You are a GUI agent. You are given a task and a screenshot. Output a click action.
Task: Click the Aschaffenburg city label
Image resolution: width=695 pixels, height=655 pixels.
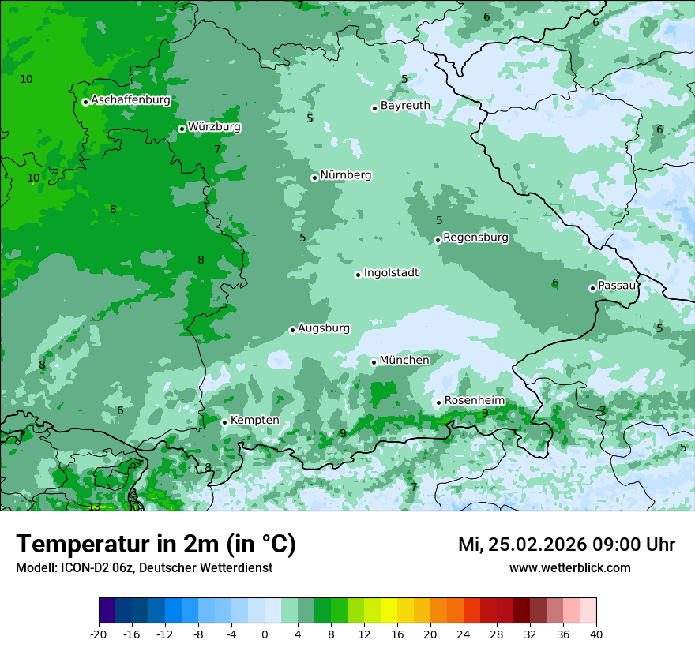click(130, 100)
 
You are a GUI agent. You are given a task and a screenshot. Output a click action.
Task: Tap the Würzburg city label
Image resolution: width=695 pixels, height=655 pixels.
click(214, 127)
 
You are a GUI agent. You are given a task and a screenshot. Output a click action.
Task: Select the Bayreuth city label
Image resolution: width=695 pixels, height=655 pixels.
click(405, 106)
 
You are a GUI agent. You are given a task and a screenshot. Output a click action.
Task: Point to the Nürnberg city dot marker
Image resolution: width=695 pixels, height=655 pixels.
click(314, 178)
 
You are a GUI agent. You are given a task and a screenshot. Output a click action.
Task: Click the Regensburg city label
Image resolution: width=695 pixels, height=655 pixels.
click(475, 238)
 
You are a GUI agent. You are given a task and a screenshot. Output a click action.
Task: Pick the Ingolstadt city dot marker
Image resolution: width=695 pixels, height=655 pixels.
click(358, 275)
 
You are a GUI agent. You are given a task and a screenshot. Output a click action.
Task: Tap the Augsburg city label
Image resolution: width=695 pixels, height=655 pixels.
click(324, 328)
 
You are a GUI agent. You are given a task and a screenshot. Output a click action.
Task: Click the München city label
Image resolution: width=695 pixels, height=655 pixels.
click(404, 361)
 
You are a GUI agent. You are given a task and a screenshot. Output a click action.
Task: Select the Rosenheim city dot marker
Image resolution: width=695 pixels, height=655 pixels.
click(438, 402)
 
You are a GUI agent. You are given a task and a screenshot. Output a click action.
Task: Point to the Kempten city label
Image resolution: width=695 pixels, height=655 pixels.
click(254, 421)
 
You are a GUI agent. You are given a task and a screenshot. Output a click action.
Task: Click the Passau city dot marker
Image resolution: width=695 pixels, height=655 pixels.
click(592, 288)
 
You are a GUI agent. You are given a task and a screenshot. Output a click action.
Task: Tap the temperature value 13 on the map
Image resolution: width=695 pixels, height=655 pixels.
click(94, 507)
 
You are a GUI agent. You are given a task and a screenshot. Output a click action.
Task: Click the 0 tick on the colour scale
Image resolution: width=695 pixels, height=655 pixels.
click(265, 634)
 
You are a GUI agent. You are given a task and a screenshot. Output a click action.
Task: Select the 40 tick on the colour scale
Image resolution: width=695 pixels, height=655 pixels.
click(595, 634)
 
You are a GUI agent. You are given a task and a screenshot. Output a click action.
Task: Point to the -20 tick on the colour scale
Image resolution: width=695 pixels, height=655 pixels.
click(99, 634)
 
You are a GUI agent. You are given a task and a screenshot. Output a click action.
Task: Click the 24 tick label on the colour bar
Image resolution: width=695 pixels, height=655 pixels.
click(463, 634)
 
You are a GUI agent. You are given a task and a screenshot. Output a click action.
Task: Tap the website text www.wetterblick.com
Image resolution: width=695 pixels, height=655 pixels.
click(569, 567)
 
